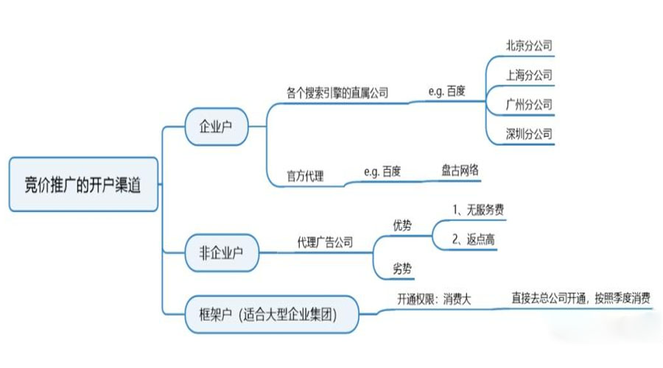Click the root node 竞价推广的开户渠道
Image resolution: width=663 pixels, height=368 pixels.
pyautogui.click(x=83, y=185)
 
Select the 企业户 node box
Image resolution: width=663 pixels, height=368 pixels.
pyautogui.click(x=216, y=125)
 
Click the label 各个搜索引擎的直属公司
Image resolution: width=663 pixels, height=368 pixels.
pyautogui.click(x=337, y=93)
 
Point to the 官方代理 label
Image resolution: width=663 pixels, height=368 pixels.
pyautogui.click(x=305, y=177)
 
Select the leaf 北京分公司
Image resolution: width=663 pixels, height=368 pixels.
pyautogui.click(x=528, y=46)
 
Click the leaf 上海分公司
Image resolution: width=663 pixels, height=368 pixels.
pyautogui.click(x=528, y=75)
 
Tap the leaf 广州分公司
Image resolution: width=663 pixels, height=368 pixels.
pyautogui.click(x=528, y=105)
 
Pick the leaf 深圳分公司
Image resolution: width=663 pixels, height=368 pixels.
pyautogui.click(x=528, y=134)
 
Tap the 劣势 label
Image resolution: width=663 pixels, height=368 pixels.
pyautogui.click(x=403, y=269)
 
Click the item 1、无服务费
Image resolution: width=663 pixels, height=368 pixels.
pyautogui.click(x=477, y=210)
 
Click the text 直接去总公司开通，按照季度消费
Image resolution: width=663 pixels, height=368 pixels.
pyautogui.click(x=580, y=299)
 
